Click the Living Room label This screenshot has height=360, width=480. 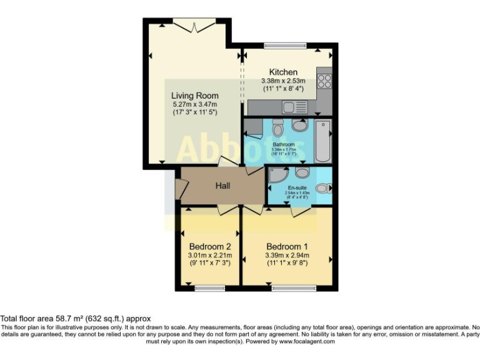pyautogui.click(x=195, y=96)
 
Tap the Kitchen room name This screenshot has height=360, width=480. pyautogui.click(x=283, y=72)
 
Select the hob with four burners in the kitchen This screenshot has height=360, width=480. pyautogui.click(x=324, y=81)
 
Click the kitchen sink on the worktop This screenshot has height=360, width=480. pyautogui.click(x=292, y=107)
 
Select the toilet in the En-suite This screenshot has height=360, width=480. pyautogui.click(x=322, y=187)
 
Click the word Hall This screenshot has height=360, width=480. pyautogui.click(x=223, y=186)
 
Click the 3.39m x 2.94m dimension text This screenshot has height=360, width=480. pyautogui.click(x=287, y=255)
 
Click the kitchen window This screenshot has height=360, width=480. pyautogui.click(x=281, y=45)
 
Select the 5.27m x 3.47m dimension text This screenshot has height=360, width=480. pyautogui.click(x=195, y=104)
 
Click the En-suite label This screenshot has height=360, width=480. pyautogui.click(x=297, y=187)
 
